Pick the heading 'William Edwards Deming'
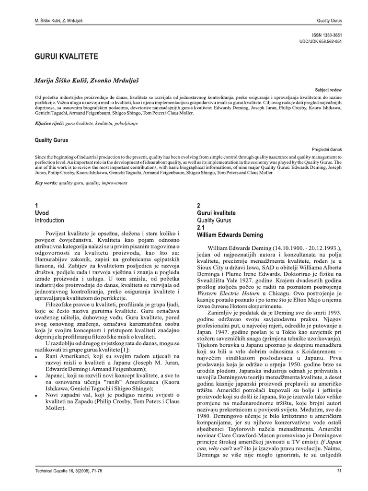(x=230, y=235)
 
